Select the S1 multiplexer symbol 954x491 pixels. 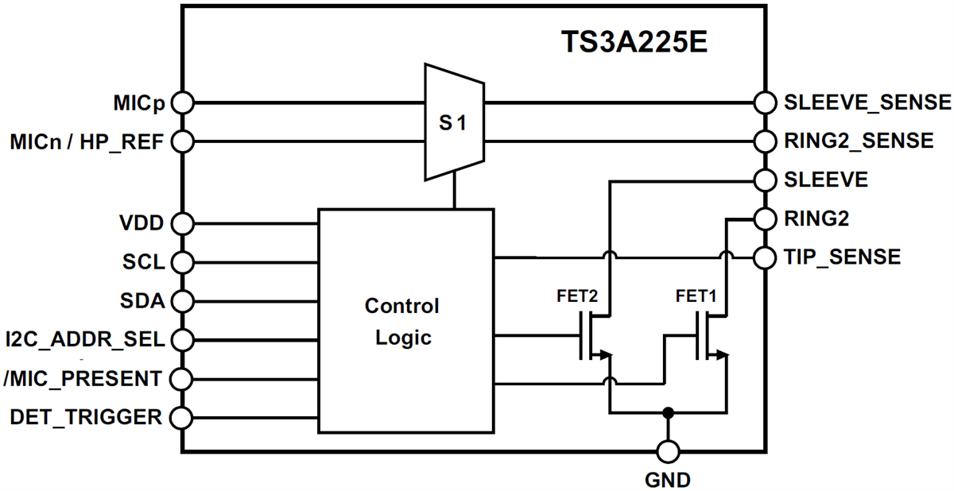[454, 122]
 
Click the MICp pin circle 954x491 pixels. [182, 102]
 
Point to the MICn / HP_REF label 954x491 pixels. [87, 143]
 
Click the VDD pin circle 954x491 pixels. [182, 223]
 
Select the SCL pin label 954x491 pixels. [144, 262]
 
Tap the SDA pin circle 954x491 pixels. [182, 301]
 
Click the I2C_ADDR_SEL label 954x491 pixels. [84, 340]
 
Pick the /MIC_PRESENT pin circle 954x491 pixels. [182, 378]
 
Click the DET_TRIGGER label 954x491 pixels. [86, 416]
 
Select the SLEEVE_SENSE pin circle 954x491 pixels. [764, 102]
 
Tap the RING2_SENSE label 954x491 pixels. [859, 141]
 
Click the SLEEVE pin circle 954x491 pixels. [764, 180]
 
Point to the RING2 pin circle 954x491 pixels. [764, 218]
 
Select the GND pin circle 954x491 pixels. [668, 452]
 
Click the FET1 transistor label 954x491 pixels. [696, 296]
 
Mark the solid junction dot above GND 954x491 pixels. [668, 412]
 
